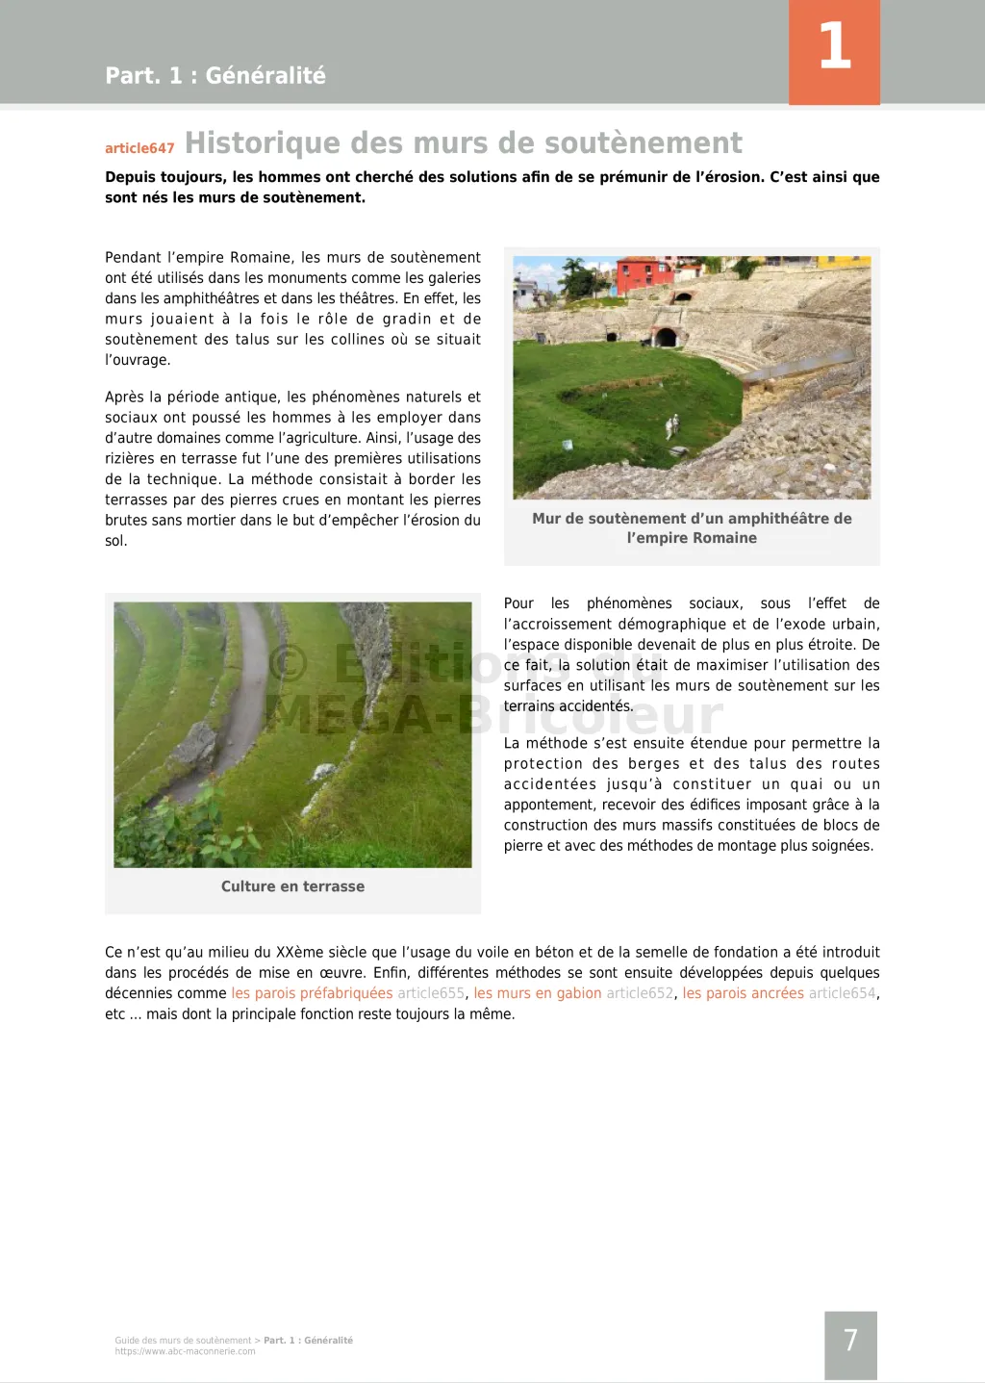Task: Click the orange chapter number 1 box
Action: coord(834,51)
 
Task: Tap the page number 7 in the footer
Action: coord(850,1341)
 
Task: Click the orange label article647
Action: coord(139,148)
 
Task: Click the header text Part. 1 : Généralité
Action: coord(215,76)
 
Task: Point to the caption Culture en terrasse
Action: coord(292,886)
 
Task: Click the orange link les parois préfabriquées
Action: coord(312,993)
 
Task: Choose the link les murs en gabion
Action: coord(537,993)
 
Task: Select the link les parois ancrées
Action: coord(743,993)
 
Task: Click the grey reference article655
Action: coord(431,993)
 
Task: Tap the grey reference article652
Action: coord(640,993)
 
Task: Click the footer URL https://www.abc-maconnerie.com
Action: coord(185,1351)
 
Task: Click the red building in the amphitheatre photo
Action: coord(644,271)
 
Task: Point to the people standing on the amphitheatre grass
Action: coord(672,424)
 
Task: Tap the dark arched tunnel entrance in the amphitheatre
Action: coord(665,337)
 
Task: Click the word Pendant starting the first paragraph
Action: coord(133,258)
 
